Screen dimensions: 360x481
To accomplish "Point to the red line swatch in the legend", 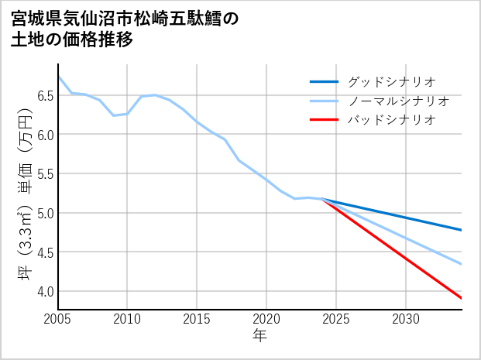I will (324, 120).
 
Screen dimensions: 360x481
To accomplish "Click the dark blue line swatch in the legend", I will (324, 81).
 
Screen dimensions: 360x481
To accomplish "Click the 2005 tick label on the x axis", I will (57, 319).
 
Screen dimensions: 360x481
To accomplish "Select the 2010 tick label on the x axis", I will (127, 319).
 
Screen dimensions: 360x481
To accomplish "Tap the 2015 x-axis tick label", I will (197, 319).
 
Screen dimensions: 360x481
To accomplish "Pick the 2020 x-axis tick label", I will (266, 319).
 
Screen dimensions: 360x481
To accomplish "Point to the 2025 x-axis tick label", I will (336, 319).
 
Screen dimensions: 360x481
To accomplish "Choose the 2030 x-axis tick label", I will (406, 319).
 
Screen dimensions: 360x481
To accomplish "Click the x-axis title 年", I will (259, 335).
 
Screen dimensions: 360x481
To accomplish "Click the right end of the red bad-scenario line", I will (462, 298).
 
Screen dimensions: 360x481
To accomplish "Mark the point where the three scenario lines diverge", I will (322, 200).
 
